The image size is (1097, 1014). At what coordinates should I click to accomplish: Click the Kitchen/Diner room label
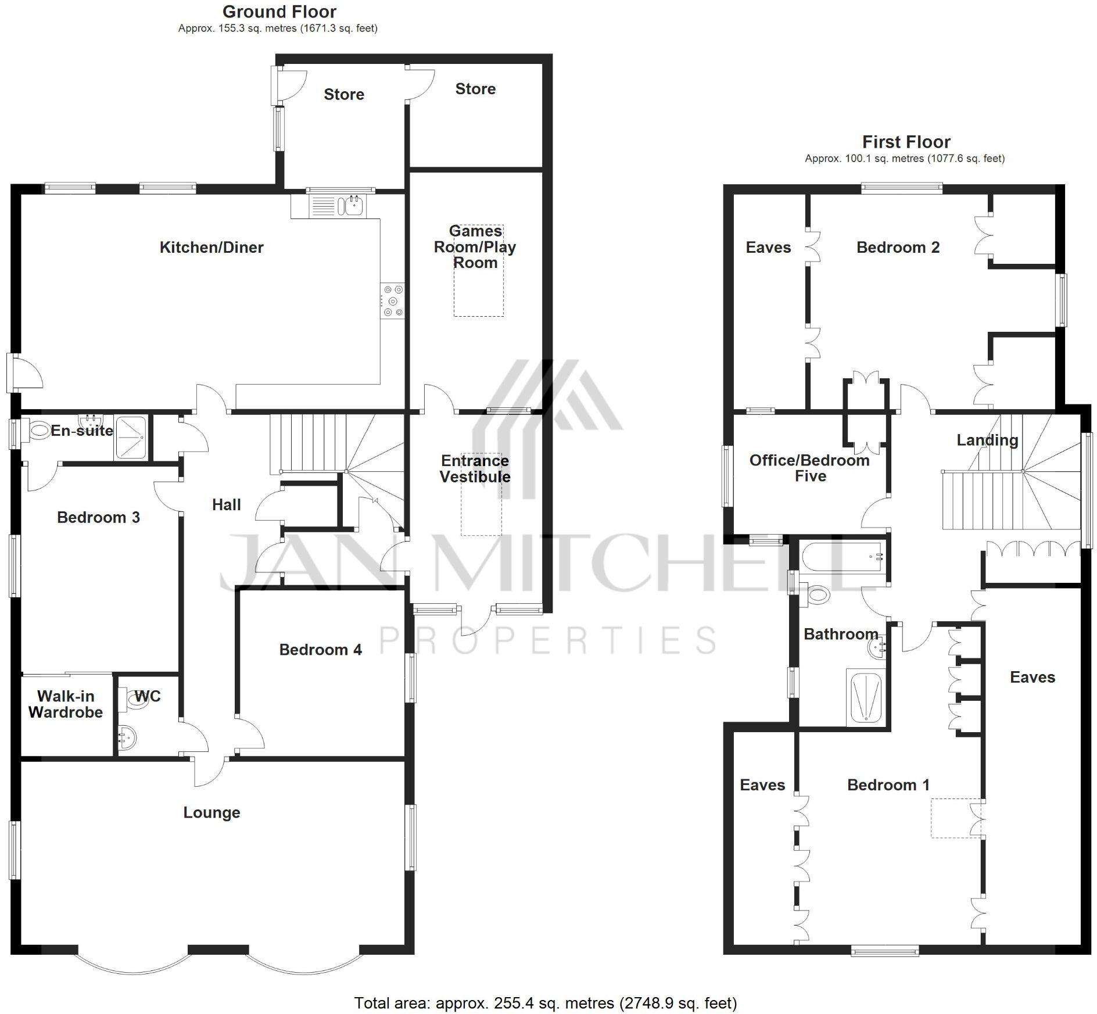[x=211, y=248]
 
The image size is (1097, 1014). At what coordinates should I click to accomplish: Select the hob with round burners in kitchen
[x=393, y=300]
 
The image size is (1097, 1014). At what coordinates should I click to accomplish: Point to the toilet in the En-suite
[x=38, y=431]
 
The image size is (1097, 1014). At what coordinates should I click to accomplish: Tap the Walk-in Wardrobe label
[x=66, y=704]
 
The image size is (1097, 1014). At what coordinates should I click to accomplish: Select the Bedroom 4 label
[x=320, y=650]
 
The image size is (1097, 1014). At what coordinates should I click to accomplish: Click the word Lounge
[x=211, y=812]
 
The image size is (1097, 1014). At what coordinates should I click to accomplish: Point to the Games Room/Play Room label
[x=475, y=247]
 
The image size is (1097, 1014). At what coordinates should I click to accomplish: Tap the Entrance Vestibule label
[x=475, y=469]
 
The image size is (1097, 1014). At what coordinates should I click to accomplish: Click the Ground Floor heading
[x=279, y=12]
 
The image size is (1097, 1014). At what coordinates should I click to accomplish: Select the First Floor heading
[x=906, y=142]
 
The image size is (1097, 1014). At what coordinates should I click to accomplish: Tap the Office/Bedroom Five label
[x=809, y=468]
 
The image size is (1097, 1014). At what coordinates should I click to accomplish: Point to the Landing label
[x=987, y=440]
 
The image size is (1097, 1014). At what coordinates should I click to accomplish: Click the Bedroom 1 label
[x=888, y=785]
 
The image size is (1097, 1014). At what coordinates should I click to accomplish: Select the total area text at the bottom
[x=545, y=1003]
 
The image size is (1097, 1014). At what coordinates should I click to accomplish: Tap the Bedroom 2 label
[x=898, y=248]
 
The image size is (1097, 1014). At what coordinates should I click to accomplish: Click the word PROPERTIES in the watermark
[x=548, y=640]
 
